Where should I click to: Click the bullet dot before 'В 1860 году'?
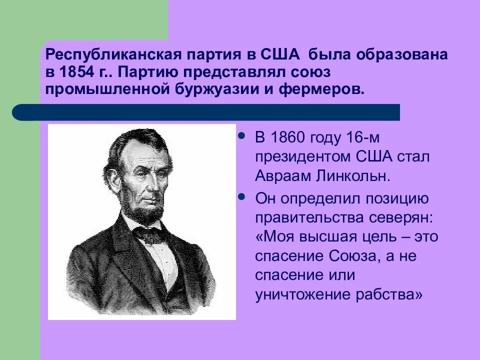(242, 135)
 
